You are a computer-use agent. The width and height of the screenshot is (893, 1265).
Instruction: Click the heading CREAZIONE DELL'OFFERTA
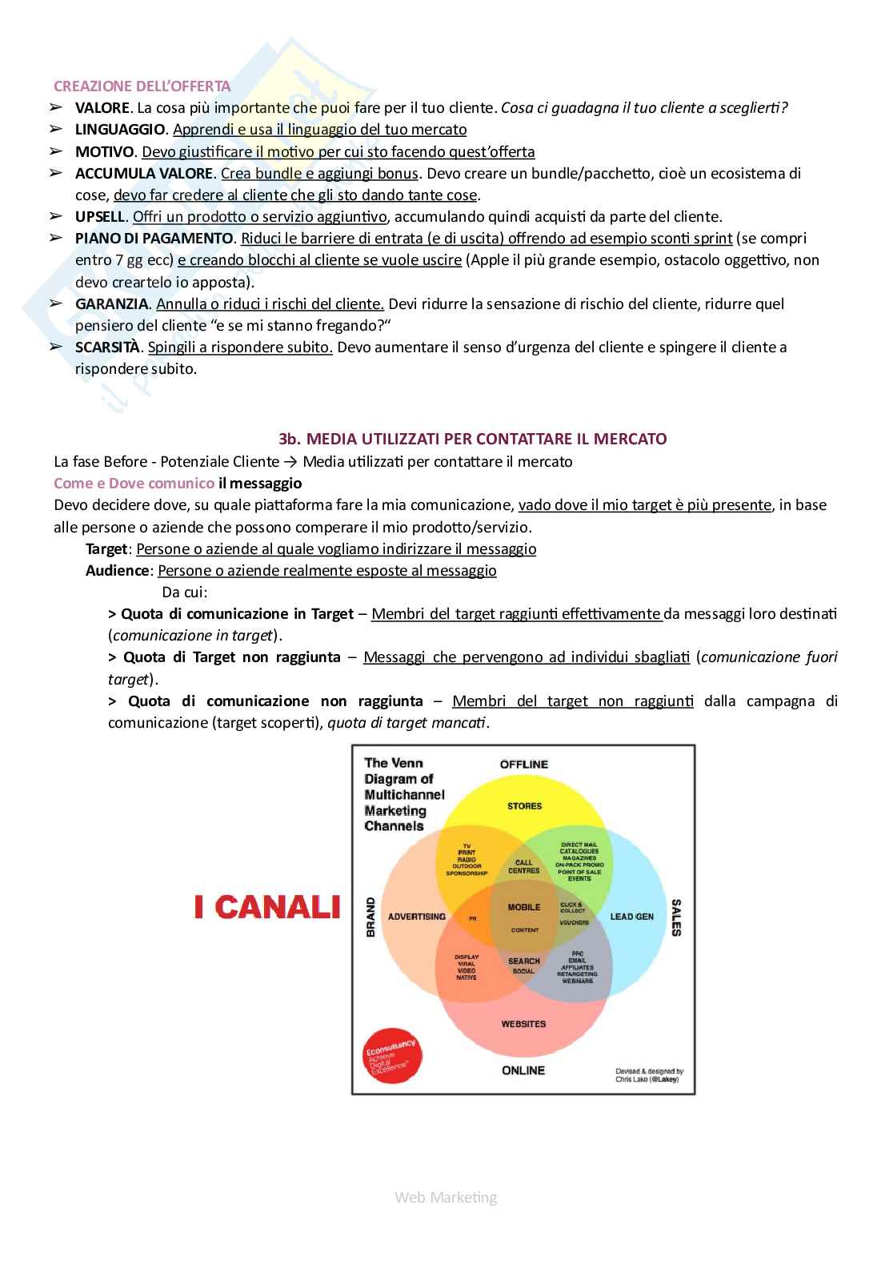point(142,86)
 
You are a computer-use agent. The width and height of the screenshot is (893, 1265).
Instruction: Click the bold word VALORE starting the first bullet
point(102,108)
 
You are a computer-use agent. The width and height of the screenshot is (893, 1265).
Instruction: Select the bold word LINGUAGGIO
point(120,130)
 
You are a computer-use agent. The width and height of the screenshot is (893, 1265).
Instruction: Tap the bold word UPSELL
point(100,216)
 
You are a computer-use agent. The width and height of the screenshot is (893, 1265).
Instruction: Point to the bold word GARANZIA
point(112,303)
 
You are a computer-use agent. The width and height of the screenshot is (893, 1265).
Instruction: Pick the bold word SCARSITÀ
point(108,347)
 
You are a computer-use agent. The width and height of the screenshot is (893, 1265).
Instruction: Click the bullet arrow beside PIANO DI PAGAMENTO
point(56,238)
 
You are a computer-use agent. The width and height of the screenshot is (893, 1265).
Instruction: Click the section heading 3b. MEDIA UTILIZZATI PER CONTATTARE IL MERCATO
point(472,439)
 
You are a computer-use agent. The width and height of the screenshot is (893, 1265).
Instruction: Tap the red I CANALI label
point(267,908)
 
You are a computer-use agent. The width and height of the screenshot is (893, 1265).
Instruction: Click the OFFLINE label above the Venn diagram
point(524,764)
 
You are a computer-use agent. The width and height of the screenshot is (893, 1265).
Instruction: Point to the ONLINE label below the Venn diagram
point(523,1070)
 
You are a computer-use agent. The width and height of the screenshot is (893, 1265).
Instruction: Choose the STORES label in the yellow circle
point(524,806)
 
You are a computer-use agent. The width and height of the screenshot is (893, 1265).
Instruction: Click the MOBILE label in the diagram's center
point(524,907)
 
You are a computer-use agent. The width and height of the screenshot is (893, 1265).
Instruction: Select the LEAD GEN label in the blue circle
point(632,917)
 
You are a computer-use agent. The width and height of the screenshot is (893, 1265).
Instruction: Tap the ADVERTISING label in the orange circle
point(417,917)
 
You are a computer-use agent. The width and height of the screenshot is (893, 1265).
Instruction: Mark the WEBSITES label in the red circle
point(523,1024)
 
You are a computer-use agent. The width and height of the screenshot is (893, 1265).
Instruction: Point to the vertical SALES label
point(676,918)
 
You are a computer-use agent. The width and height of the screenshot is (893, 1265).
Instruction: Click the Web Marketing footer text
point(446,1197)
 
